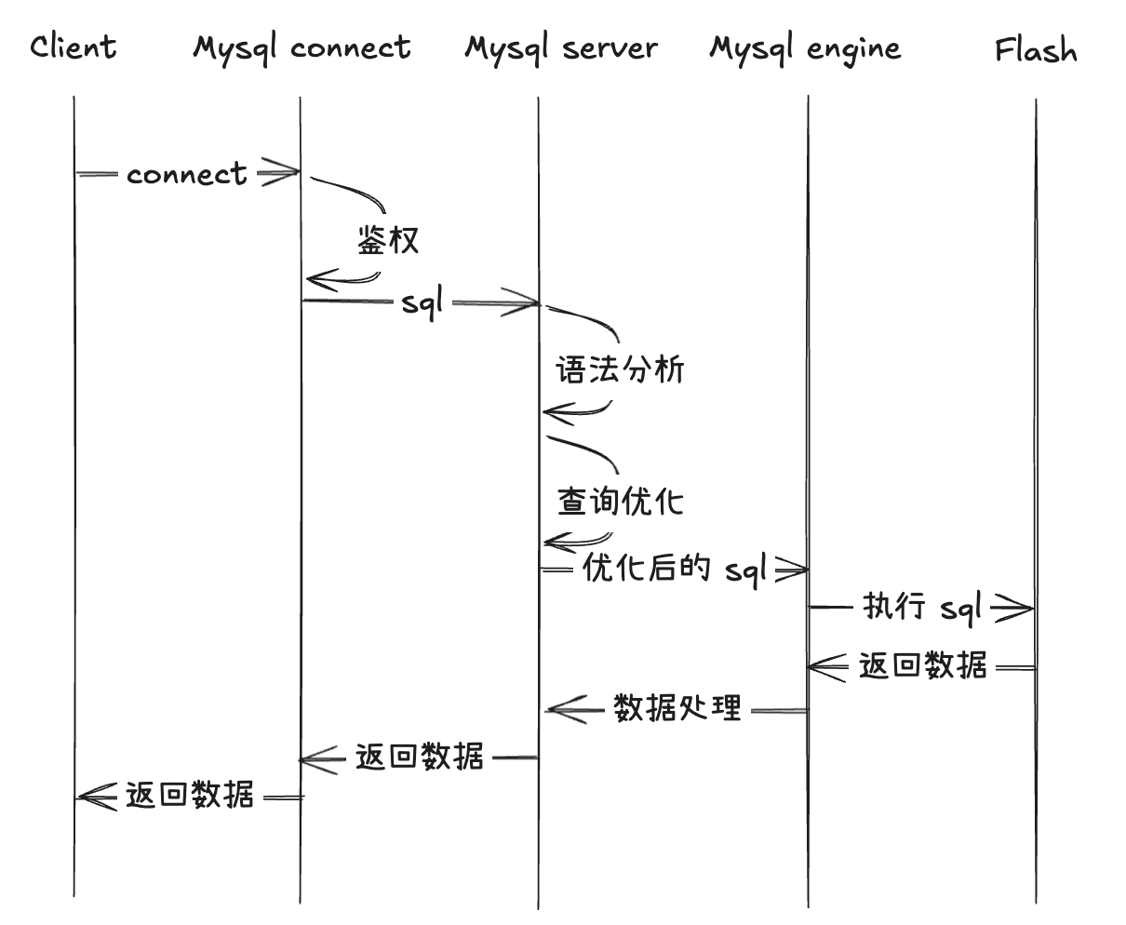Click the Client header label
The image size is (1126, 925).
pyautogui.click(x=74, y=47)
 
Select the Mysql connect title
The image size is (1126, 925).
pyautogui.click(x=302, y=47)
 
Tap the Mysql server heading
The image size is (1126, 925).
pyautogui.click(x=561, y=47)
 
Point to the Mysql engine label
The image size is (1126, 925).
pyautogui.click(x=805, y=47)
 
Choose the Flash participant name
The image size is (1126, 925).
pyautogui.click(x=1036, y=49)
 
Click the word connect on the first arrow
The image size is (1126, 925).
pyautogui.click(x=187, y=174)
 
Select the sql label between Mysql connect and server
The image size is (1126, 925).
pyautogui.click(x=422, y=303)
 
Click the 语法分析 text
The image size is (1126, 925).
pyautogui.click(x=620, y=370)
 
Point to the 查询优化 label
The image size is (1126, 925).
pyautogui.click(x=620, y=502)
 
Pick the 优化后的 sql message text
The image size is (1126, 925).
pyautogui.click(x=675, y=568)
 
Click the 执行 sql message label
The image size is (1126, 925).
pyautogui.click(x=922, y=608)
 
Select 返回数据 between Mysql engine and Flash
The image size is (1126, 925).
pyautogui.click(x=922, y=666)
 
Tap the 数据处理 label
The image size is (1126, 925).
pyautogui.click(x=678, y=709)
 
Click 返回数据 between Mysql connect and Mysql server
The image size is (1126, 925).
pyautogui.click(x=420, y=757)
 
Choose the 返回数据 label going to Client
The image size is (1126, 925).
pyautogui.click(x=190, y=796)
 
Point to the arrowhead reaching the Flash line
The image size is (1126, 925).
pyautogui.click(x=1017, y=610)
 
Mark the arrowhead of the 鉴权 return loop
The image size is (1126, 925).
pyautogui.click(x=318, y=279)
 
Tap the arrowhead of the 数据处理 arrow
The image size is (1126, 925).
pyautogui.click(x=564, y=711)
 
